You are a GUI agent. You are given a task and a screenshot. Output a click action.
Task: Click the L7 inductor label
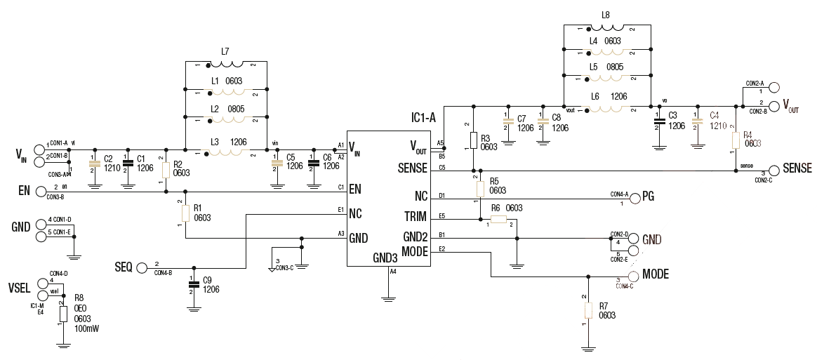pyautogui.click(x=225, y=51)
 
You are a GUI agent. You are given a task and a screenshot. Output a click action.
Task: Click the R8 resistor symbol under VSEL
pyautogui.click(x=63, y=313)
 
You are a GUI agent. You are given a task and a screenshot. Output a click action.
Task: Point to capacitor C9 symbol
pyautogui.click(x=191, y=284)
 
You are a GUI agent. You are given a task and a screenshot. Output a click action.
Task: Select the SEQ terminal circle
pyautogui.click(x=142, y=267)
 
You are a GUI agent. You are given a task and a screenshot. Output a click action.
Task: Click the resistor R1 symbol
pyautogui.click(x=185, y=213)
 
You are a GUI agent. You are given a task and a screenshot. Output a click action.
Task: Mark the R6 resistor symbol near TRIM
pyautogui.click(x=498, y=220)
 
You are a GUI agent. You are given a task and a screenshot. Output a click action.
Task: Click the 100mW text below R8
pyautogui.click(x=86, y=328)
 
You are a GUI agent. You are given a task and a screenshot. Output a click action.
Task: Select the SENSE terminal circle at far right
pyautogui.click(x=774, y=171)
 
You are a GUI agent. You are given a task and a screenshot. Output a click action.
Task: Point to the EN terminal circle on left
pyautogui.click(x=41, y=190)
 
